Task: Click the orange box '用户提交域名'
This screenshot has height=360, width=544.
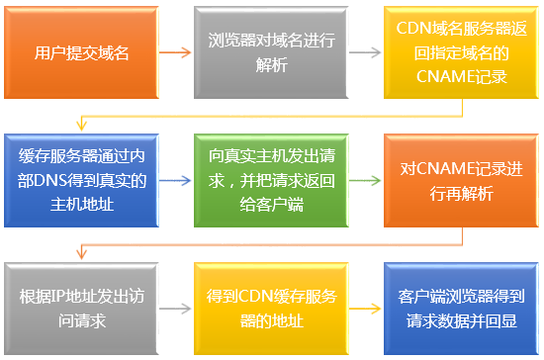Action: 81,52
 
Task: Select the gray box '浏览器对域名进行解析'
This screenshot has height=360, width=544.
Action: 271,52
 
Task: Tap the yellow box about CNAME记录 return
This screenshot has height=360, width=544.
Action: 461,52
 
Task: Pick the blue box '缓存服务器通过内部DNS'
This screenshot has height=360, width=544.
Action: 81,180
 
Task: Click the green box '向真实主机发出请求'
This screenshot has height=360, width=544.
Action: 271,180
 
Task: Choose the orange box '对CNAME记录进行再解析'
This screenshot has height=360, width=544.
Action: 461,180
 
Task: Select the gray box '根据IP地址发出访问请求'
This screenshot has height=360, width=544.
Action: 81,309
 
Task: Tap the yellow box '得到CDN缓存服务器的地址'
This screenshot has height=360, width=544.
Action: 271,309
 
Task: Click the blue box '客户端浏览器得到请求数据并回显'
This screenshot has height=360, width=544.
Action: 461,309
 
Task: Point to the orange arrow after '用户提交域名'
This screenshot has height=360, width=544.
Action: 175,52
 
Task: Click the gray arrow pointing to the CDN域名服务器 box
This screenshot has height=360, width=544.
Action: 365,52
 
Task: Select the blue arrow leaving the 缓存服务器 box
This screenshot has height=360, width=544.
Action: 175,180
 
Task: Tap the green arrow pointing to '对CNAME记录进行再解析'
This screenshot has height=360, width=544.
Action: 365,180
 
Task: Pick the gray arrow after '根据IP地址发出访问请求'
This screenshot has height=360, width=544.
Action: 175,309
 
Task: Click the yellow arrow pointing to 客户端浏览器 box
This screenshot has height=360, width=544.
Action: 365,309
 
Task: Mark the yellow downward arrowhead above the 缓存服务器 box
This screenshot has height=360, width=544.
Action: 81,126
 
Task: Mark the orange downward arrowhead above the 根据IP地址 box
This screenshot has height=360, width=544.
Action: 81,254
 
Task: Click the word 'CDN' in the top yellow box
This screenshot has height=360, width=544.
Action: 413,28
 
